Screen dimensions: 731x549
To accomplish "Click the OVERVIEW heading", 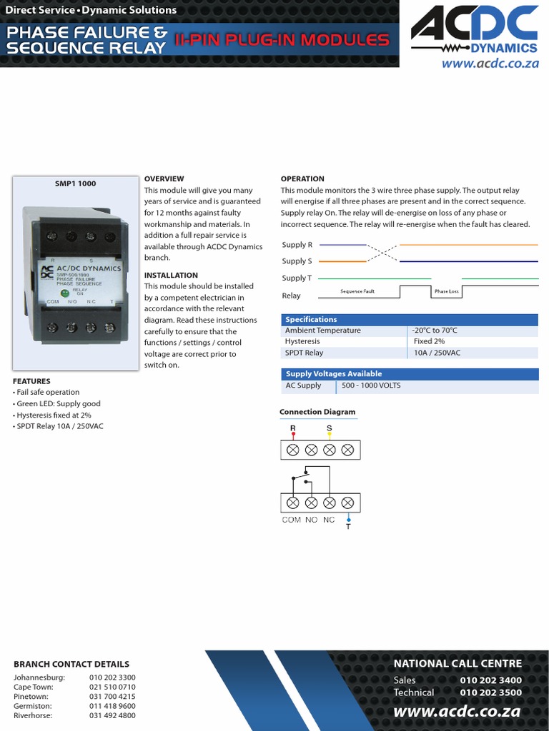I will click(164, 178).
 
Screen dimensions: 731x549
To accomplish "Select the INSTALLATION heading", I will click(171, 275).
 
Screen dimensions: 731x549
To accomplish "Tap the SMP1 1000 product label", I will click(75, 183).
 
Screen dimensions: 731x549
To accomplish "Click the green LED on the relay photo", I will click(64, 292).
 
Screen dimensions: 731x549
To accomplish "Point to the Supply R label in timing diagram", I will click(297, 245).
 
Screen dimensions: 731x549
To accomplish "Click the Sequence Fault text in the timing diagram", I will click(357, 291).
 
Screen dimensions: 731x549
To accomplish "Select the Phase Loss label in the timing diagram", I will click(446, 291).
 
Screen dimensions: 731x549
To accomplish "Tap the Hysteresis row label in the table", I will click(302, 341).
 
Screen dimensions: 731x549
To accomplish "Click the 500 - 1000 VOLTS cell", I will click(371, 385).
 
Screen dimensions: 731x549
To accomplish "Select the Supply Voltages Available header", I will click(334, 373).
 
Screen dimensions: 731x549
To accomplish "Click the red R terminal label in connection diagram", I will click(292, 428).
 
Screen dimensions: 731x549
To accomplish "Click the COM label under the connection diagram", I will click(292, 520).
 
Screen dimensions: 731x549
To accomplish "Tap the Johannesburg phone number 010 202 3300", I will click(112, 677).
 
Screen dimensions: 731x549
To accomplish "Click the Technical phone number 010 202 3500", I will click(490, 692).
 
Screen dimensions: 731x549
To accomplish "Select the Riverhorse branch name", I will click(34, 715).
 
